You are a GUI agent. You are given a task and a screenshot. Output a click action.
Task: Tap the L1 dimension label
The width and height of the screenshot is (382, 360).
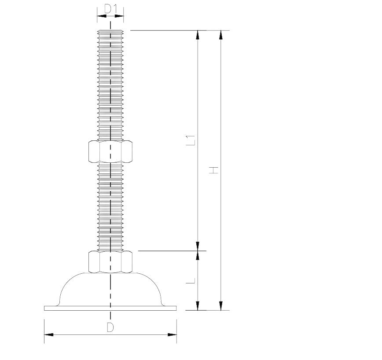[190, 140]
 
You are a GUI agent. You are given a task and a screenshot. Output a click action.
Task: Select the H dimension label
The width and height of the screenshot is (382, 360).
[214, 170]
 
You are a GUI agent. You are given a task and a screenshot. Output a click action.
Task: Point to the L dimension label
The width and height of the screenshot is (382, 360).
[190, 280]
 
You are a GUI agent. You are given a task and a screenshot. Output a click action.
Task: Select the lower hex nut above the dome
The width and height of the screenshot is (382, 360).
[110, 261]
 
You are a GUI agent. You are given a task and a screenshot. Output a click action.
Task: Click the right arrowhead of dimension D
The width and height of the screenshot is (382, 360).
[172, 335]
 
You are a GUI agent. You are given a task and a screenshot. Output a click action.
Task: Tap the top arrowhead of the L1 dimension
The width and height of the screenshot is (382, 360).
[198, 35]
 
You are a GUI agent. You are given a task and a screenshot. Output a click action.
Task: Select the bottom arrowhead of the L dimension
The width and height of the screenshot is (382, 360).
[198, 305]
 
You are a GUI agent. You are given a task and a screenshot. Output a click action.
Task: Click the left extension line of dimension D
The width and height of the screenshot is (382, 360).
[44, 328]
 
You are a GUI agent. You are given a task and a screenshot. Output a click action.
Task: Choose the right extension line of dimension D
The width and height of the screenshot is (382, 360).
[177, 328]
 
